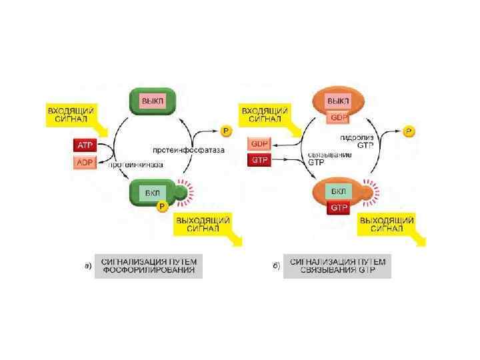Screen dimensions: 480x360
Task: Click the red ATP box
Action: tap(84, 145)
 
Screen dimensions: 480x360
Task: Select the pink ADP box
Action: tap(84, 162)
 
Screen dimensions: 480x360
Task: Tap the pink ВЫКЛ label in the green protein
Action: tap(152, 100)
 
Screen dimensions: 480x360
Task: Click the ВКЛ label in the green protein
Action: tap(152, 193)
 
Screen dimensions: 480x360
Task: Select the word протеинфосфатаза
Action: tap(188, 150)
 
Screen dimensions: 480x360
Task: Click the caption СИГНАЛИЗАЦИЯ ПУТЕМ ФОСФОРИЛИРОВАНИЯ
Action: tap(148, 265)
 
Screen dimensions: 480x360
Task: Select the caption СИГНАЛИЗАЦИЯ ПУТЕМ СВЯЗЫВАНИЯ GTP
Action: tap(337, 265)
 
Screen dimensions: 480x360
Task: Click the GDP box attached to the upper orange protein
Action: tap(339, 117)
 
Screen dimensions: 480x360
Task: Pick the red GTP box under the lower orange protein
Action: tap(338, 208)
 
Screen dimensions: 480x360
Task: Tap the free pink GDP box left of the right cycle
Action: tap(259, 143)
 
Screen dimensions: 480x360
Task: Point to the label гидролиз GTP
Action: tap(355, 141)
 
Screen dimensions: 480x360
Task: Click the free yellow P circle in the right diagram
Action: tap(409, 131)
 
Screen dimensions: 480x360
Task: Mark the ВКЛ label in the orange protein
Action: tap(338, 192)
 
